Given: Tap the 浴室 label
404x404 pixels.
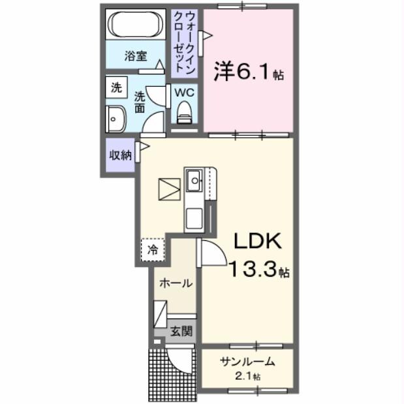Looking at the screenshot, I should pos(136,57).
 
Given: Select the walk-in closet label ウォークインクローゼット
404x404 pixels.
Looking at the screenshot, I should pos(185,41).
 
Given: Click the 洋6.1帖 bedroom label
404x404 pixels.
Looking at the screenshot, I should pos(249,72).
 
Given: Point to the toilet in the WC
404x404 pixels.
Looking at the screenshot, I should pos(185,112).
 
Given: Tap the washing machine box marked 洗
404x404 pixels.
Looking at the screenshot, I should pos(116,87).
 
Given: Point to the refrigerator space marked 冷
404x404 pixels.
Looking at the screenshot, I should pos(153,249).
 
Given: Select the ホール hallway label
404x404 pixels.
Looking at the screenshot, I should pos(176,283).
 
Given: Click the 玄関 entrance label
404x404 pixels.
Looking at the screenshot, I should pos(181,331).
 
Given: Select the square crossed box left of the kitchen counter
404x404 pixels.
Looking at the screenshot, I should pos(171,189).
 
